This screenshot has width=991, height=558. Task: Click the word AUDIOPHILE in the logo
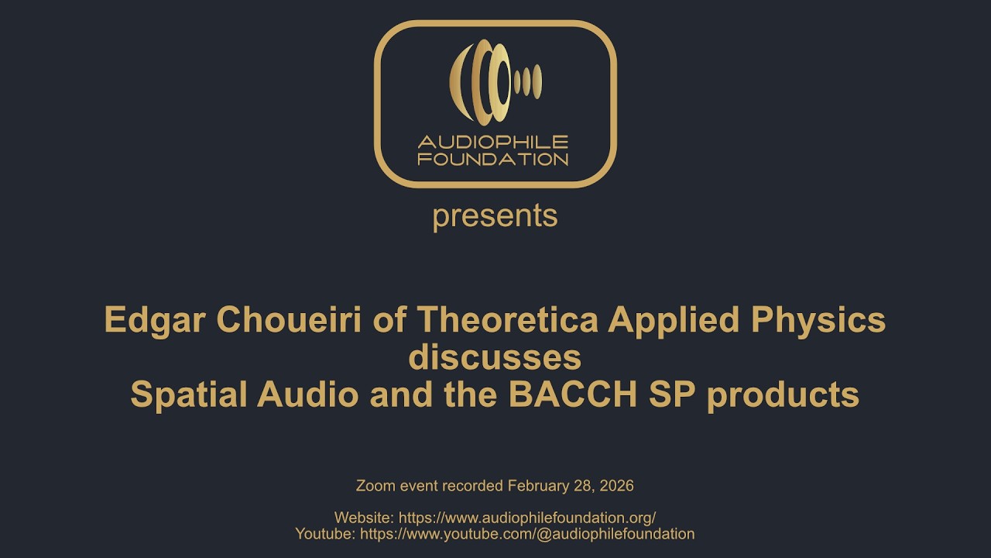click(x=493, y=143)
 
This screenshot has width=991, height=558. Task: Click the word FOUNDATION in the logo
click(x=493, y=159)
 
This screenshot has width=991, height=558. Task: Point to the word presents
click(x=495, y=216)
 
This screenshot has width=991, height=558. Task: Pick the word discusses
click(x=495, y=357)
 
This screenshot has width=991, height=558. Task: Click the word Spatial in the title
click(x=190, y=394)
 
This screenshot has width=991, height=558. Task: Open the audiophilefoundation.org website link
click(x=530, y=518)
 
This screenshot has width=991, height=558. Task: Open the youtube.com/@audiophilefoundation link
click(x=527, y=534)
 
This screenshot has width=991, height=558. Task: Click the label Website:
click(x=363, y=518)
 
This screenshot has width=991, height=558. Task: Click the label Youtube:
click(x=325, y=534)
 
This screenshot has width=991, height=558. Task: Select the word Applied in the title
click(x=660, y=319)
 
